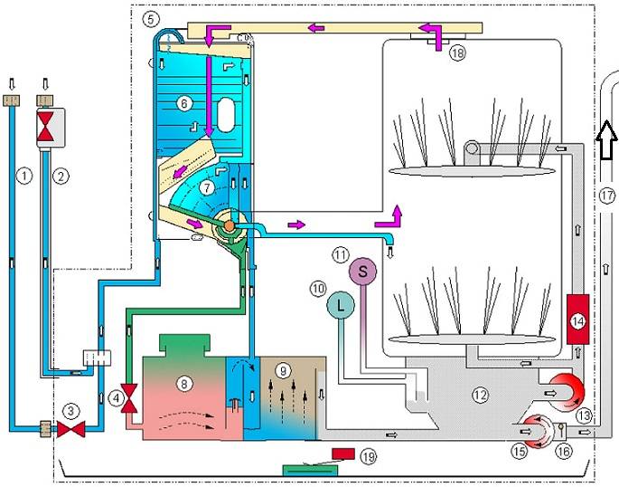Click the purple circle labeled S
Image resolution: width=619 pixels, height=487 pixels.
362,270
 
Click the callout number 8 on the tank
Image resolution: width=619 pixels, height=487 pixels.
184,383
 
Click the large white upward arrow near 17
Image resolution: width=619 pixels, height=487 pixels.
605,137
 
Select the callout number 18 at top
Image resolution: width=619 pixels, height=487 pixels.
457,53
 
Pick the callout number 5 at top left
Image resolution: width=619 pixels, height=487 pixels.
151,17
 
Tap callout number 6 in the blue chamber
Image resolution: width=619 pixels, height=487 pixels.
184,103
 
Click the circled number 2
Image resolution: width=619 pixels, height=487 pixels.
61,174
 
